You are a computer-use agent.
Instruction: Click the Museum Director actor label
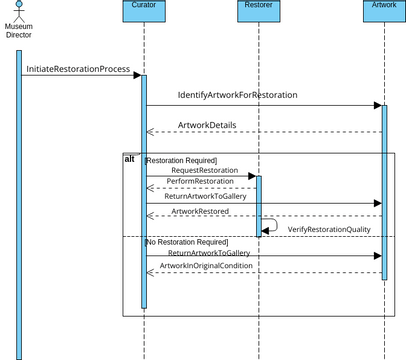point(19,30)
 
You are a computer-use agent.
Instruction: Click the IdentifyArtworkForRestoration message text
point(237,95)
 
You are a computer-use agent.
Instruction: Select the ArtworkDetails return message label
point(207,124)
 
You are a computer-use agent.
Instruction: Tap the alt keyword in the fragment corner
point(129,159)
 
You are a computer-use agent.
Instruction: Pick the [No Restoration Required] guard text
point(186,242)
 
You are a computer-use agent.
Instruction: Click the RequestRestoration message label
point(203,170)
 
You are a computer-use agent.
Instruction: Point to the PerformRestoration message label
point(200,181)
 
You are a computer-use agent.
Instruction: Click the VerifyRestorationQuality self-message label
point(328,229)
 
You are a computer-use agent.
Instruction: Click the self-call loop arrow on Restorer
point(272,226)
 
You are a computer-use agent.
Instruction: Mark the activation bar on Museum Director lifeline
point(19,200)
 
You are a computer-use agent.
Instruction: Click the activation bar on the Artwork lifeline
point(382,190)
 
